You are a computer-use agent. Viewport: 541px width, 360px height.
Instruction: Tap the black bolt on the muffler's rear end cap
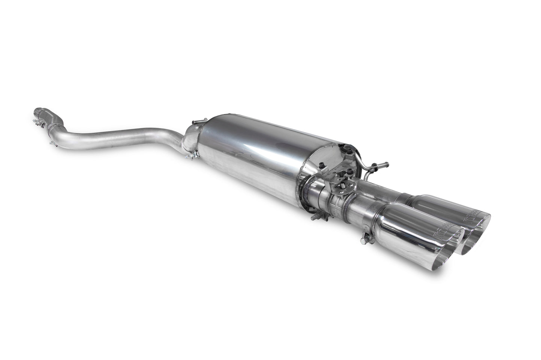pos(322,165)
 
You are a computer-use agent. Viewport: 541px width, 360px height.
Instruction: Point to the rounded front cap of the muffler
pos(191,138)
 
